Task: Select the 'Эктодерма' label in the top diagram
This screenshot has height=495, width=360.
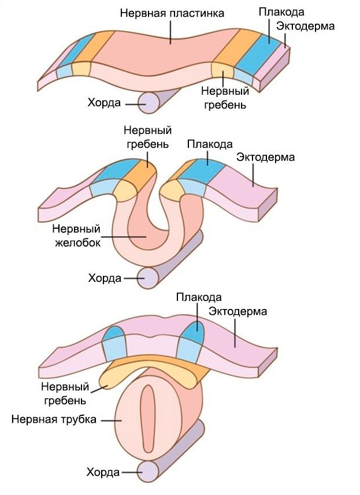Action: pos(305,26)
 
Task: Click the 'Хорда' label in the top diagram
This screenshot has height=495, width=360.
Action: pos(104,103)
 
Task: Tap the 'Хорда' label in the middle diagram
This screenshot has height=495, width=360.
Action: pos(104,278)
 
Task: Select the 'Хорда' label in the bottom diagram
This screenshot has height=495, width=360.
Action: pos(103,472)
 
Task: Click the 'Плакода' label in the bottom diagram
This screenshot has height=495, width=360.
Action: pos(198,298)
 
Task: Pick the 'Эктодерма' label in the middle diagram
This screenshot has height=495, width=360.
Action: pos(266,157)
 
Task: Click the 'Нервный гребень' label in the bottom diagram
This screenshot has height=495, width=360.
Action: pos(64,393)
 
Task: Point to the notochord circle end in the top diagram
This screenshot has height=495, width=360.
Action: pos(149,103)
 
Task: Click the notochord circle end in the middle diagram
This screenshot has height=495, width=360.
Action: pos(149,278)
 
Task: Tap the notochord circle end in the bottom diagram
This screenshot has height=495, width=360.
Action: pos(148,472)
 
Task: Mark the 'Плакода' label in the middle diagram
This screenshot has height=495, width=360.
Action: pos(210,144)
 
